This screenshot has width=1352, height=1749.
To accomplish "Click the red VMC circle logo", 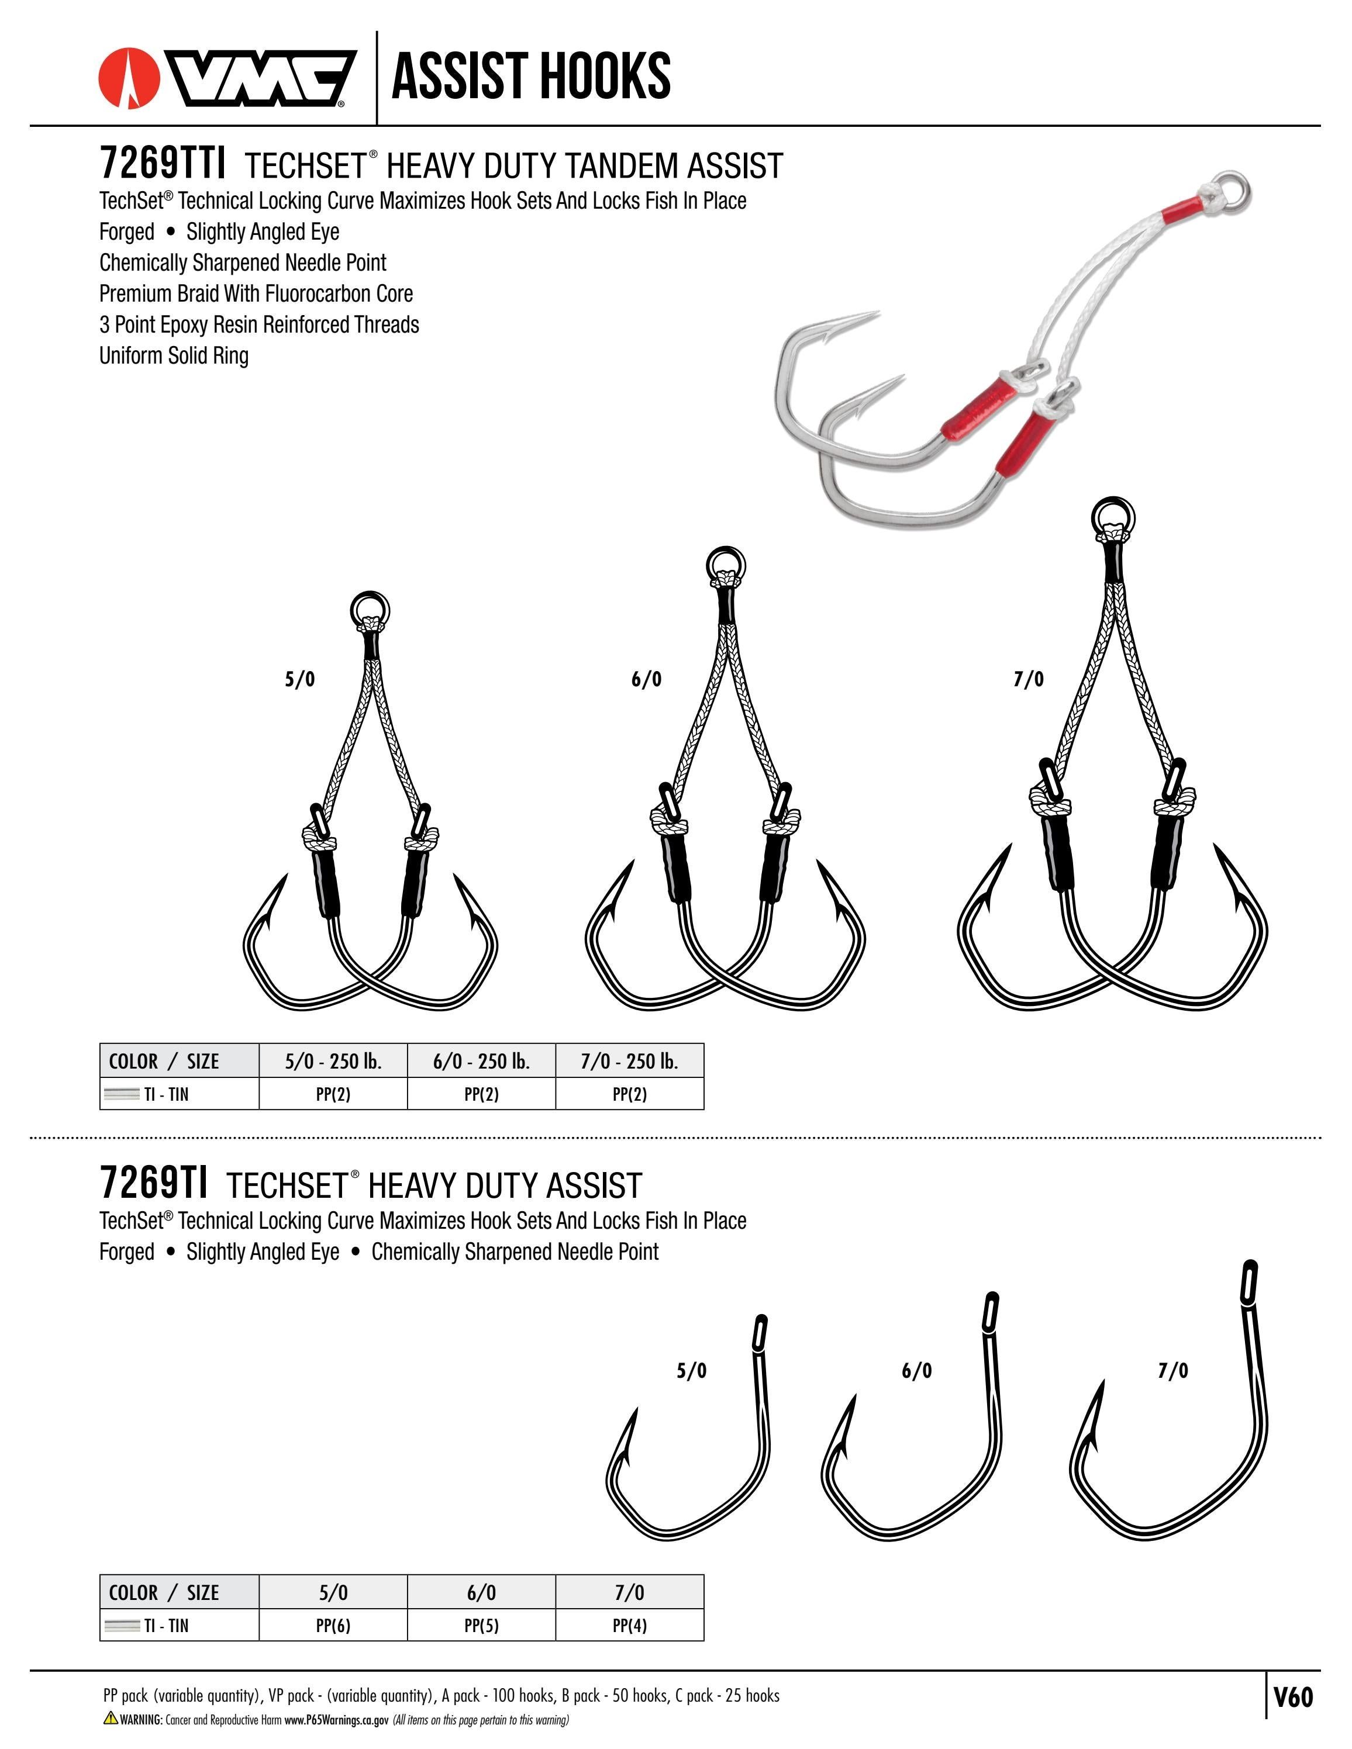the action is [128, 78].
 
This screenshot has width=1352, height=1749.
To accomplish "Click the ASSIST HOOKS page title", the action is [530, 76].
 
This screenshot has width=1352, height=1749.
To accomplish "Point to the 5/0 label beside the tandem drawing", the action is [299, 680].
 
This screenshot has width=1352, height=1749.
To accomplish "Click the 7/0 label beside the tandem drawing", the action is [1029, 680].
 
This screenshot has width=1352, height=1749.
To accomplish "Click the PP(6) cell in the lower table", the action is [333, 1626].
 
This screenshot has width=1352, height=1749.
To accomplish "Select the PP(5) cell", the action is [481, 1626].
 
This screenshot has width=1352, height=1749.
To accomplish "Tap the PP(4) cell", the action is [630, 1626].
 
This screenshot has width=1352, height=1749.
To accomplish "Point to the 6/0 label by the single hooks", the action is [916, 1371].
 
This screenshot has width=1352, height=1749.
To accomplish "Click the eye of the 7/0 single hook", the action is [1248, 1282].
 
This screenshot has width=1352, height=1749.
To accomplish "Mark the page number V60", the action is [1293, 1698].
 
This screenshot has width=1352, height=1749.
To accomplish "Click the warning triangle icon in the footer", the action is [111, 1717].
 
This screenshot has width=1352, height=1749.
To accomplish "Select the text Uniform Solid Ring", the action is [174, 355].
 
